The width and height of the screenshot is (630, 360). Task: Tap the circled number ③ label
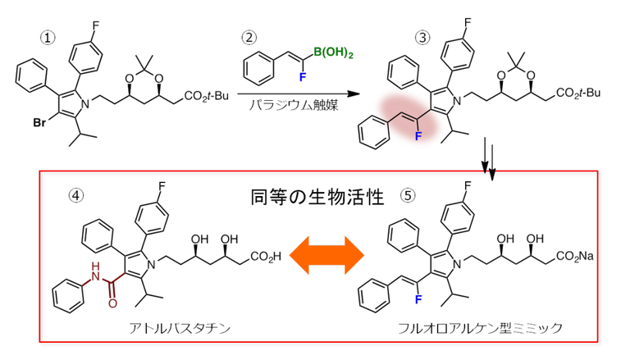click(x=422, y=37)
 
